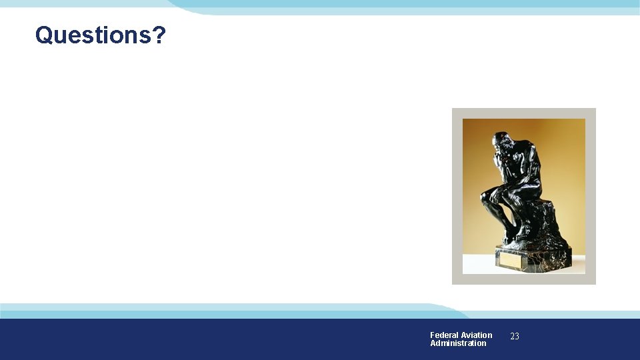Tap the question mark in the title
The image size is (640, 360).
point(158,35)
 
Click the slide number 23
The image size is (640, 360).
point(515,337)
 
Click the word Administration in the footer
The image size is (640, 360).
point(458,343)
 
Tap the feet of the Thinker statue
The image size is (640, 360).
point(511,238)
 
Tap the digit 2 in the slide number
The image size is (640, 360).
point(512,337)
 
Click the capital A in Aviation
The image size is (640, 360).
point(464,335)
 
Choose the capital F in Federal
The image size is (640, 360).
point(433,335)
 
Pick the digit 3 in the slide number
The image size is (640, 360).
point(517,337)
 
